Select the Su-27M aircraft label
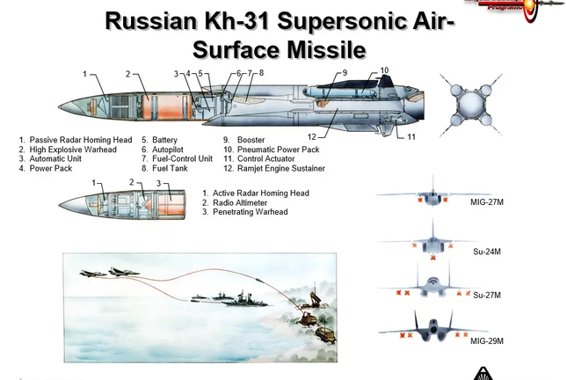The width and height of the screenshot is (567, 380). pos(485,295)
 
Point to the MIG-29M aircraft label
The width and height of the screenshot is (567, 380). pos(487,340)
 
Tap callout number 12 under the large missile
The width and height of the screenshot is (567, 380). pos(312,136)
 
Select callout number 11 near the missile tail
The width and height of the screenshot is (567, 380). pos(411,136)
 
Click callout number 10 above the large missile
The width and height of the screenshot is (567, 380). pos(384,70)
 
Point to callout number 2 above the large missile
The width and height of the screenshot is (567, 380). pos(128,74)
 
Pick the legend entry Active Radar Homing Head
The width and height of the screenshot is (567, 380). pos(262,193)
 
